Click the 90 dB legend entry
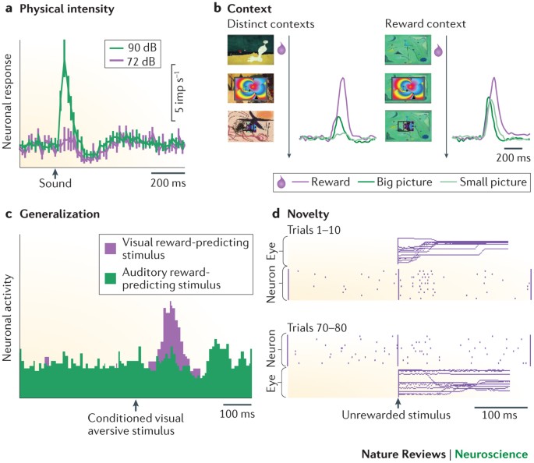click(133, 48)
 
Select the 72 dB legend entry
click(133, 62)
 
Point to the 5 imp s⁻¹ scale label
click(179, 93)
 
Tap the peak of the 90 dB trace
click(64, 41)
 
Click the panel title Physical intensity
click(67, 9)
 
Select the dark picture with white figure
click(250, 51)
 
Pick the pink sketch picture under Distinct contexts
click(250, 126)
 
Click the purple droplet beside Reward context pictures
click(438, 51)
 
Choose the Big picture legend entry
click(395, 182)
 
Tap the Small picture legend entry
click(483, 182)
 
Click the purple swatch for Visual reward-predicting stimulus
click(111, 248)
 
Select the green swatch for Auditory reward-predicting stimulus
click(111, 278)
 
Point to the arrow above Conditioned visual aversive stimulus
click(136, 405)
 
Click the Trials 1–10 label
click(313, 230)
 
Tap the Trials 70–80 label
click(317, 328)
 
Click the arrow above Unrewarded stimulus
click(398, 403)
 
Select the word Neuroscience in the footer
click(491, 454)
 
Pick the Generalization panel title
click(59, 214)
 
